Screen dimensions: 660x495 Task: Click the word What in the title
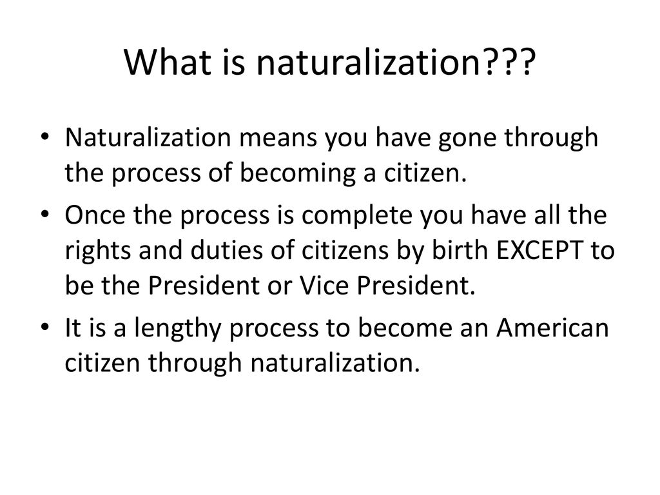click(x=168, y=62)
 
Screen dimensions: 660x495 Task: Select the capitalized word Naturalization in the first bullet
click(x=148, y=138)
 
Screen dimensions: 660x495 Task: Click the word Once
click(x=95, y=215)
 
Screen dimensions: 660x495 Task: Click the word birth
click(x=460, y=250)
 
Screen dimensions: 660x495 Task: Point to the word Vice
click(x=325, y=286)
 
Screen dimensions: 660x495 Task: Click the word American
click(x=552, y=327)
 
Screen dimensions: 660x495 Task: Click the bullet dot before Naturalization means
click(x=45, y=137)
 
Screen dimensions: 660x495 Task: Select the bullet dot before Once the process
click(x=45, y=214)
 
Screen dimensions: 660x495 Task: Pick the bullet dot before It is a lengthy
click(x=45, y=327)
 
